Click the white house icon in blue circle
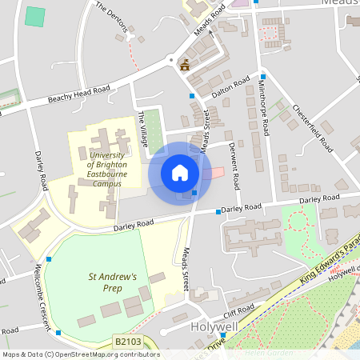click(180, 172)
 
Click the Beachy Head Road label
click(78, 94)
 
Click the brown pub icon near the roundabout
click(186, 65)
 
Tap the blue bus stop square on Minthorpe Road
click(262, 77)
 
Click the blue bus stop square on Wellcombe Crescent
click(49, 258)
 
